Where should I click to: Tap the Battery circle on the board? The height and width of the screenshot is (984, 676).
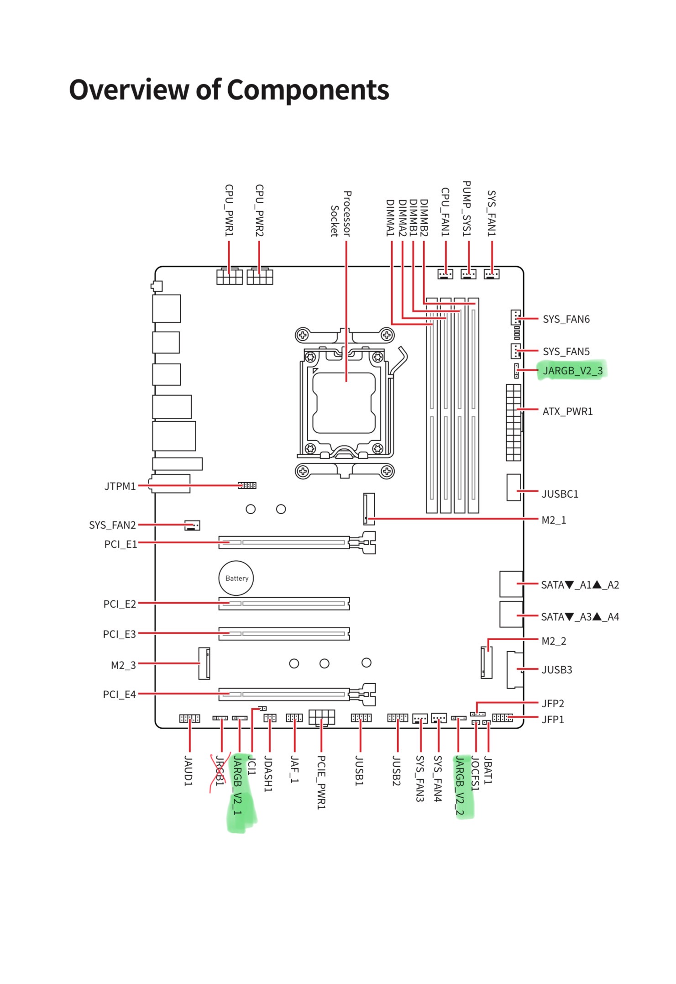click(236, 578)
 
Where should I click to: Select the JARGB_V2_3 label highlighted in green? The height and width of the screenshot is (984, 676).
click(573, 371)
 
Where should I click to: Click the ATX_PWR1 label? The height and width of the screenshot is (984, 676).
click(568, 411)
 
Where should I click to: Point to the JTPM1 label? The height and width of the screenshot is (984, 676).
click(120, 486)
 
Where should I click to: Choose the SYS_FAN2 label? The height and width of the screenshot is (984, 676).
click(112, 525)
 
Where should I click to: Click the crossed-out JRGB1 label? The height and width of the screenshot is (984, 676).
click(220, 771)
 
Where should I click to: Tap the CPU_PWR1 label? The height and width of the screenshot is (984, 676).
click(229, 210)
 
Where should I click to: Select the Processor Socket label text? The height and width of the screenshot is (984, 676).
click(341, 214)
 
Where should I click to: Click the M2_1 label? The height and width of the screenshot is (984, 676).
click(554, 520)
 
